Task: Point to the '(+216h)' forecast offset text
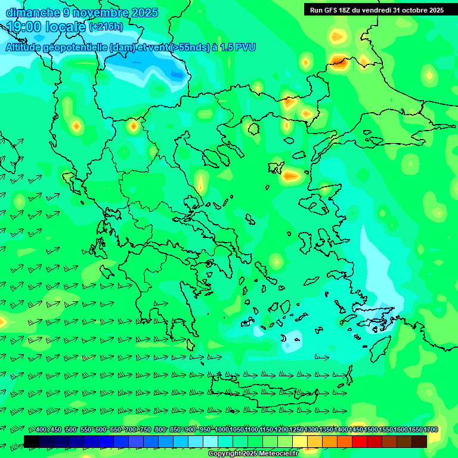point(106,27)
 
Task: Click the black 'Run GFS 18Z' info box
point(376,10)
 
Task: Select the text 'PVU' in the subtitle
point(245,47)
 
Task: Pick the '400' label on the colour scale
point(41,429)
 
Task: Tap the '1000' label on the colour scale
point(222,429)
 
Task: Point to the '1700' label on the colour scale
point(431,429)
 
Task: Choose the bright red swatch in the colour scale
point(359,441)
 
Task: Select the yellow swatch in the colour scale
point(300,441)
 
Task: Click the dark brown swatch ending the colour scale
point(419,441)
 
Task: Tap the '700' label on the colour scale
point(131,429)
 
